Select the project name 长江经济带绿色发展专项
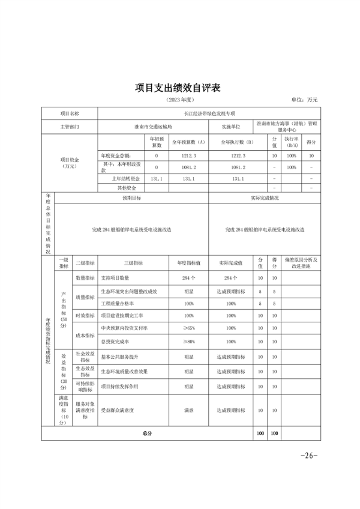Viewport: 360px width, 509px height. coord(209,113)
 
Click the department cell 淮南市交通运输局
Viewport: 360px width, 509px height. coord(153,127)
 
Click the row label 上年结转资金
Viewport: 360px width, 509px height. coord(125,178)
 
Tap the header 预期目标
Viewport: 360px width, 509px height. coord(131,197)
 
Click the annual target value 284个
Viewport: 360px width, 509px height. coord(188,278)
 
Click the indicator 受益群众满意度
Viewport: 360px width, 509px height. coord(119,411)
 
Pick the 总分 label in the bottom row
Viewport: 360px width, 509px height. coord(148,433)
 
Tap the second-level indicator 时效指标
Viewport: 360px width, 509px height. coord(85,315)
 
